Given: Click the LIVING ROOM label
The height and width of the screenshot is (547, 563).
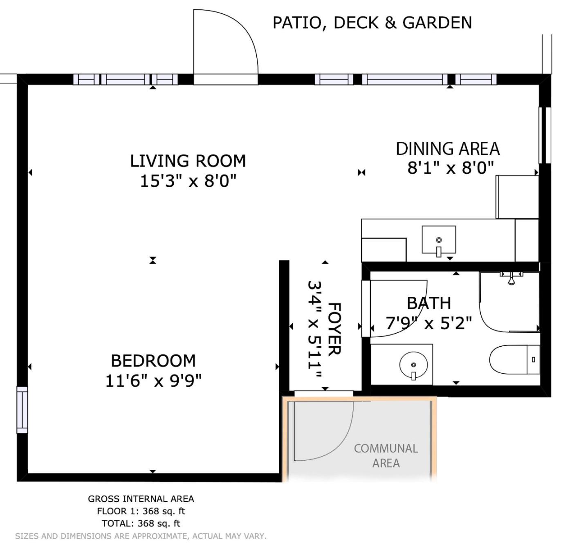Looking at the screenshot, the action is coord(188,161).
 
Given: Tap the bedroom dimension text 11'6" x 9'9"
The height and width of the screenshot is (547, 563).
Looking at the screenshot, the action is coord(153,381).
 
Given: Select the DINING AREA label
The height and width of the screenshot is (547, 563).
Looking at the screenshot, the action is coord(448,149).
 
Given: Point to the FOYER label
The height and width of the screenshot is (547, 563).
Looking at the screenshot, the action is coord(335,329).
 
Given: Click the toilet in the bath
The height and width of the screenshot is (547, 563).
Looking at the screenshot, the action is coord(514,359).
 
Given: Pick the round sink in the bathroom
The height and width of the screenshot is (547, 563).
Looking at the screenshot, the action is coord(413,365).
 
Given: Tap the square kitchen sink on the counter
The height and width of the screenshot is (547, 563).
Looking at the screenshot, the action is coord(439,240).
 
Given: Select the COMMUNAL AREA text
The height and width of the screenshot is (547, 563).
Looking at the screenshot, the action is coord(386,455).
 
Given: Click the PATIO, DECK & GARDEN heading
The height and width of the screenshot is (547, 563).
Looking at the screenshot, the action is coord(372,23).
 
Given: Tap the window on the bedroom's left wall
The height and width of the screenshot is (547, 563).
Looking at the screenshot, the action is coord(22,410).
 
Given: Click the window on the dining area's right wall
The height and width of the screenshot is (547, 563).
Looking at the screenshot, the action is coord(545,135).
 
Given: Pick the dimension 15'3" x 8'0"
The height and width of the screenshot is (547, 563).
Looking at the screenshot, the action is coord(188,182).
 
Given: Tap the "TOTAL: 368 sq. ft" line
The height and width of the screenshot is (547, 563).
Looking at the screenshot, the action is coord(141,523).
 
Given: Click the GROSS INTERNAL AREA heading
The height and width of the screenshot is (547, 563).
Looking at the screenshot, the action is coord(141,499).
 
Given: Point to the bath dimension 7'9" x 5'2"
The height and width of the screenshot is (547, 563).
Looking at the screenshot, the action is coord(429,323).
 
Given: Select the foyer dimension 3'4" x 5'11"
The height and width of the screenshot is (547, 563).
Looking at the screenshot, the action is coord(314,329).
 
